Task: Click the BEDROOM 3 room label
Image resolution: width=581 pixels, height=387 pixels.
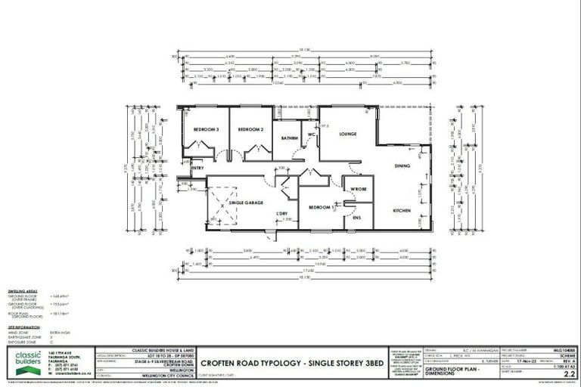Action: click(x=205, y=130)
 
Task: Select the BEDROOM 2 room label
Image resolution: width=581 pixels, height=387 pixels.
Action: click(x=250, y=130)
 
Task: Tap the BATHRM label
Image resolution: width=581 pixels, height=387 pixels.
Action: click(x=289, y=138)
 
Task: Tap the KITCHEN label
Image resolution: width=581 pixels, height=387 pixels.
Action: click(x=401, y=209)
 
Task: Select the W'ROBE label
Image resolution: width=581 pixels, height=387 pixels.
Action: click(x=358, y=188)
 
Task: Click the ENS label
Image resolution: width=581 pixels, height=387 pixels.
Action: click(x=356, y=218)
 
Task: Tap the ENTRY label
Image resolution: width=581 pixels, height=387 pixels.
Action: click(x=197, y=168)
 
